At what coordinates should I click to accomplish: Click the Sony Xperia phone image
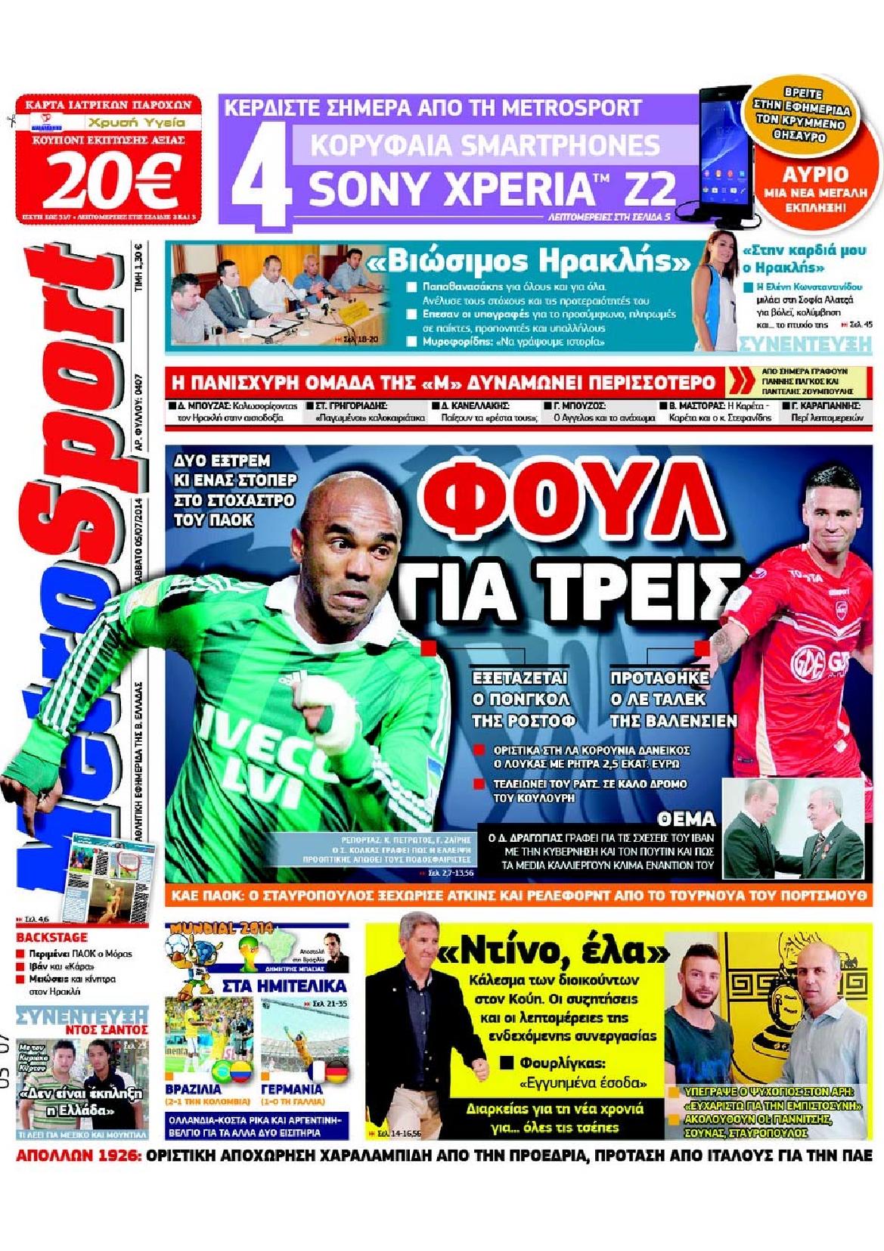point(723,151)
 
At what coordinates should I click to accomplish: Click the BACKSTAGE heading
point(51,937)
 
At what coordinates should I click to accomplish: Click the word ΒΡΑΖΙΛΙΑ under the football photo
point(193,1089)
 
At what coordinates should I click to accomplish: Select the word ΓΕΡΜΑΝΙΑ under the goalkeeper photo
point(291,1089)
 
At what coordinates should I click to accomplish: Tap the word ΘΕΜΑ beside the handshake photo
point(686,819)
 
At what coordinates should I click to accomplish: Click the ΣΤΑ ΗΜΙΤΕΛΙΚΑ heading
point(284,986)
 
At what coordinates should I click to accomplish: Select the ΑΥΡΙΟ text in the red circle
point(815,174)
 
